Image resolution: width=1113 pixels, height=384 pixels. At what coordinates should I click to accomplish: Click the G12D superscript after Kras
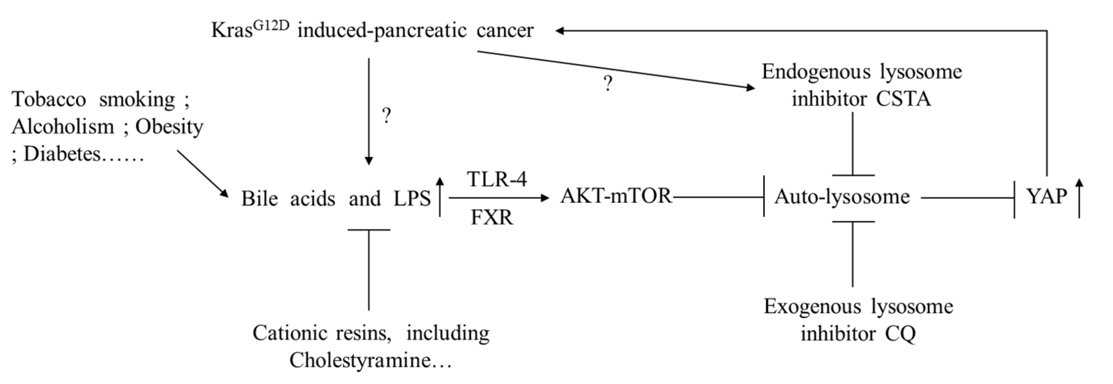pos(271,26)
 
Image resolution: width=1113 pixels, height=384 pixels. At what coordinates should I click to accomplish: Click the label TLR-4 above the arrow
pos(497,179)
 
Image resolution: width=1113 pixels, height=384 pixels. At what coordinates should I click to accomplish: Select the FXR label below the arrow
pos(492,217)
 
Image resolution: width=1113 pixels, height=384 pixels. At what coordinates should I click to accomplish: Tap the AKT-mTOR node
pos(616,196)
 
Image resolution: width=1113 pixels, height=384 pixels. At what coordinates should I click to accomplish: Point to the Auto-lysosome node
pos(842,197)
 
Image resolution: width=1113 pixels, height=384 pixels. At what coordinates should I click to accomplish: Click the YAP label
pos(1046,197)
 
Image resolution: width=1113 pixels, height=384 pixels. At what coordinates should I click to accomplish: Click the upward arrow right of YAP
pos(1079,198)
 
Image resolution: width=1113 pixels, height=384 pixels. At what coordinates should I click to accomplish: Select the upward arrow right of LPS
pos(440,196)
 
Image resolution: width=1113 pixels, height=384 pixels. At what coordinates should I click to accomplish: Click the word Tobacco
pos(49,100)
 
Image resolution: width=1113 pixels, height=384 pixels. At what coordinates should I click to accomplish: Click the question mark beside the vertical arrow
pos(387,116)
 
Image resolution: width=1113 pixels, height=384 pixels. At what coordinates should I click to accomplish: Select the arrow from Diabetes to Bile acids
pos(202,174)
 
